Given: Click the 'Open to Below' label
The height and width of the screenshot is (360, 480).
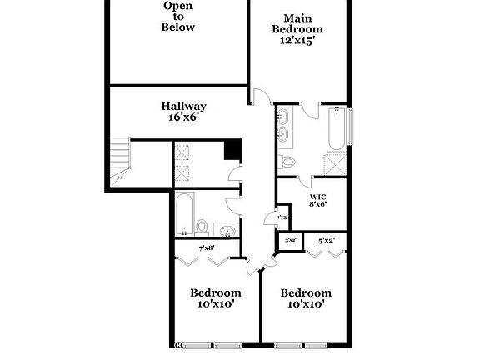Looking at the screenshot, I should click(178, 17).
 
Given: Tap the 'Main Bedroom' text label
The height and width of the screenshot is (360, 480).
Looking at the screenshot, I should click(298, 28).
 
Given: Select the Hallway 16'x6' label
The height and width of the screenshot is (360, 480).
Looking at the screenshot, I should click(183, 112).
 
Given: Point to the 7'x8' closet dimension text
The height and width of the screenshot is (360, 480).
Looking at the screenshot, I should click(207, 247).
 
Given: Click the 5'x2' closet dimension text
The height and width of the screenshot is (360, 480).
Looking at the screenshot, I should click(327, 241).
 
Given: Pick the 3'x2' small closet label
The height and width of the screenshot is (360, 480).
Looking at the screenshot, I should click(291, 241).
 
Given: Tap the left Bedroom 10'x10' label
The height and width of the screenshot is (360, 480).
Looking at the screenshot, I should click(216, 298).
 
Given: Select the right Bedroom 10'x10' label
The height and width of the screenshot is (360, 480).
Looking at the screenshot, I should click(305, 298).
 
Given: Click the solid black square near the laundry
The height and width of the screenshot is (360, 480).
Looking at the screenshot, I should click(232, 151).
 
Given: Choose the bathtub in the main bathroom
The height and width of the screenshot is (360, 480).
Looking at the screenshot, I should click(336, 128).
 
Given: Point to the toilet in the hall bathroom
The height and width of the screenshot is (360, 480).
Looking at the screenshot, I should click(202, 226).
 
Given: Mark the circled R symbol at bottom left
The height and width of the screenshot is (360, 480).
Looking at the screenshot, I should click(177, 344).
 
